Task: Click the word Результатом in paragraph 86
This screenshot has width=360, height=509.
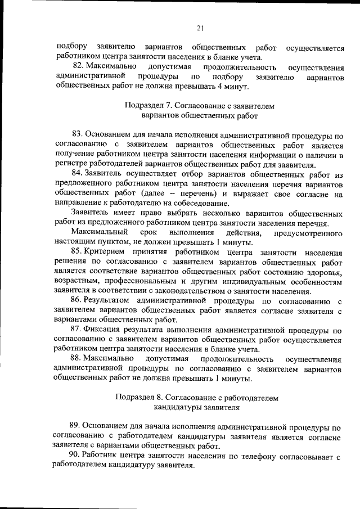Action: tap(109, 301)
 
